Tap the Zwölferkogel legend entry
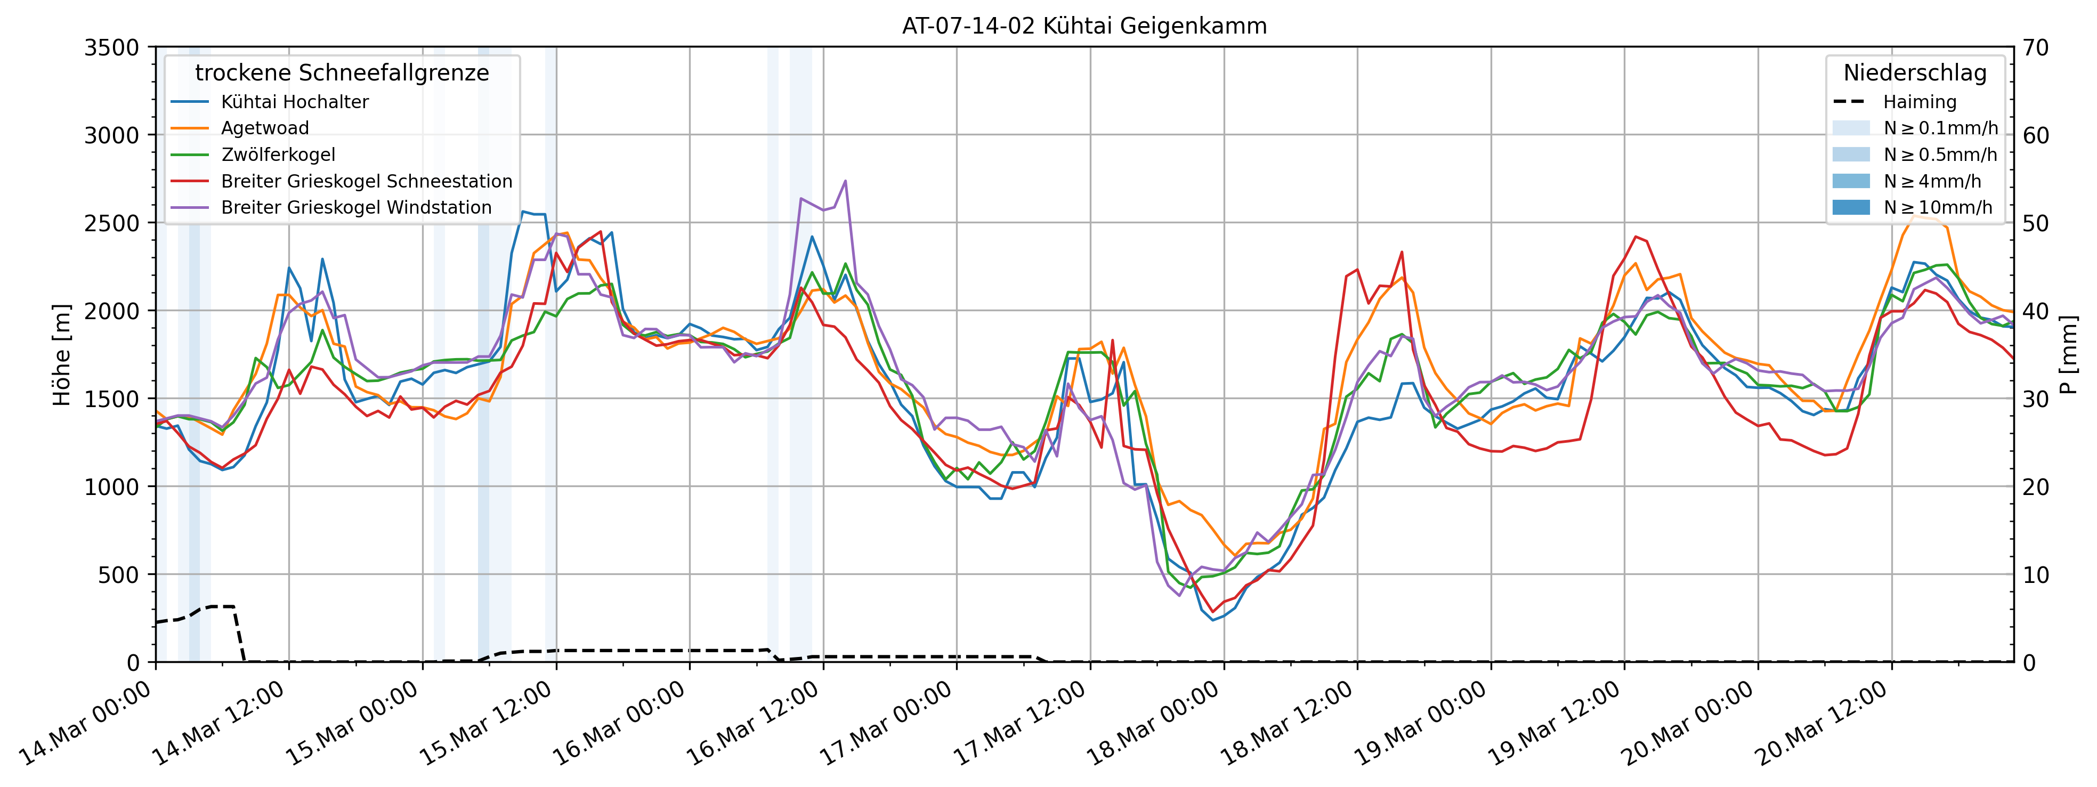(x=278, y=155)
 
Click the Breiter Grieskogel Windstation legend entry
(x=356, y=207)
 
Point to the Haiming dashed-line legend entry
(x=1918, y=102)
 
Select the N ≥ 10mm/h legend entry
(x=1938, y=207)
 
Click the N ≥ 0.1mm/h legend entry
(x=1940, y=128)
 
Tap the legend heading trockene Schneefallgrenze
(x=342, y=72)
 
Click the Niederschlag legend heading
(x=1915, y=72)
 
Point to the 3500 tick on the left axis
(x=111, y=48)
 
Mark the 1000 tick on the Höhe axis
(x=111, y=486)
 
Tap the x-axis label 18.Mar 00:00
(x=1153, y=724)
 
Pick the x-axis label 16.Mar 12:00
(x=752, y=724)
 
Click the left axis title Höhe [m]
(x=62, y=355)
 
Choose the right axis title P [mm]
(x=2069, y=355)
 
